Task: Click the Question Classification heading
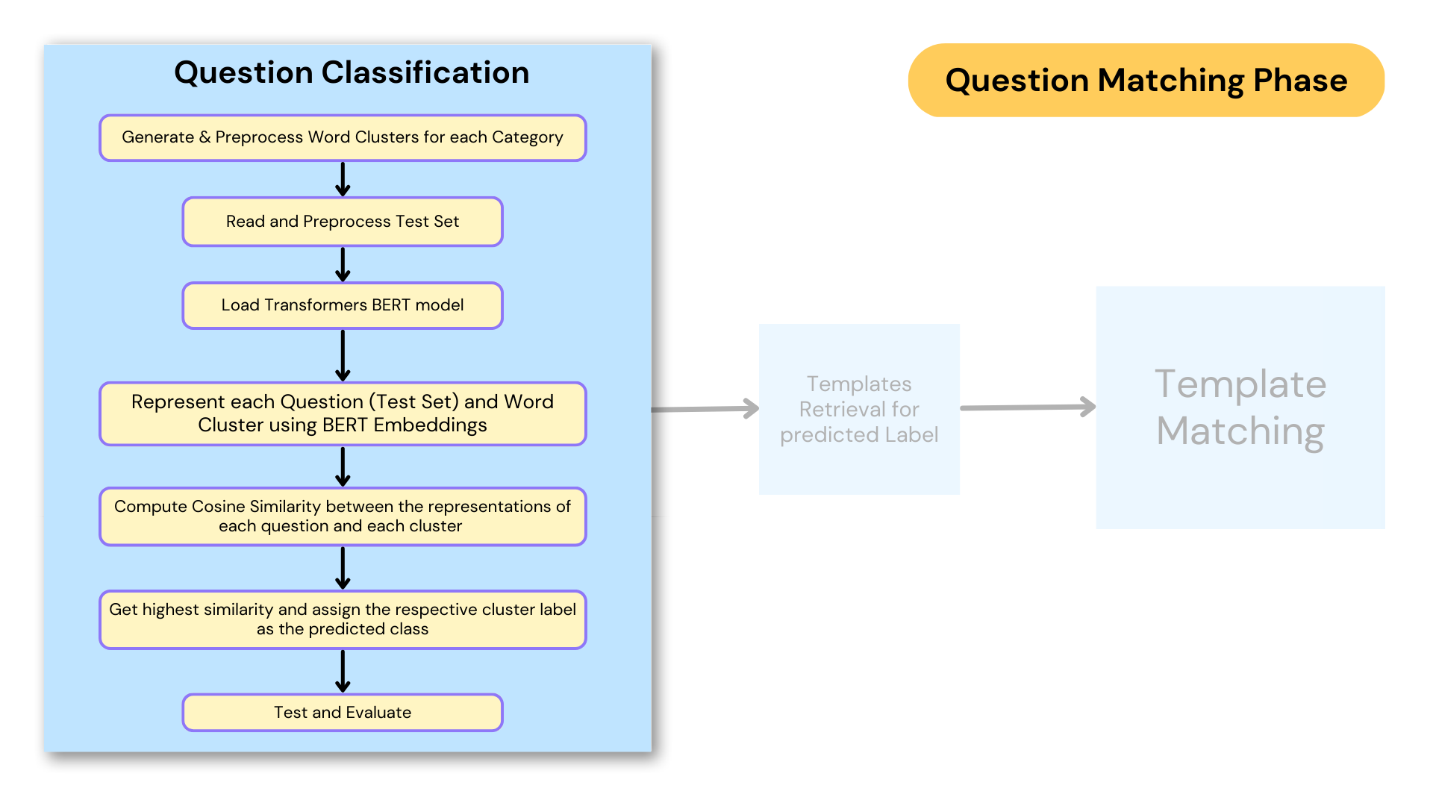[x=352, y=72]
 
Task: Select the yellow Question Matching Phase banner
[x=1146, y=80]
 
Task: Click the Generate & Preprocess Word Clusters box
[x=343, y=137]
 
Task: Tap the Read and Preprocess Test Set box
[x=343, y=222]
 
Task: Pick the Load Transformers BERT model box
[x=343, y=305]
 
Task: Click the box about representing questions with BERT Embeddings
[x=343, y=413]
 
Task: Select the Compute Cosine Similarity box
[x=343, y=516]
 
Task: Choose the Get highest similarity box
[x=343, y=619]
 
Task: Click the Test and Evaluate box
[x=343, y=713]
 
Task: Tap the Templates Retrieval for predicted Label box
[x=859, y=409]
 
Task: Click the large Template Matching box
[x=1240, y=407]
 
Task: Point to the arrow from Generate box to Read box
[x=343, y=179]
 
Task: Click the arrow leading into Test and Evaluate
[x=343, y=671]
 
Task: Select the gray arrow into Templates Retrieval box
[x=705, y=409]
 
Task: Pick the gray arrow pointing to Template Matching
[x=1028, y=407]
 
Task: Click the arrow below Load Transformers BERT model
[x=343, y=355]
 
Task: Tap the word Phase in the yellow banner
[x=1300, y=80]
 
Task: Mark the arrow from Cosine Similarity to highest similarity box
[x=343, y=568]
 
